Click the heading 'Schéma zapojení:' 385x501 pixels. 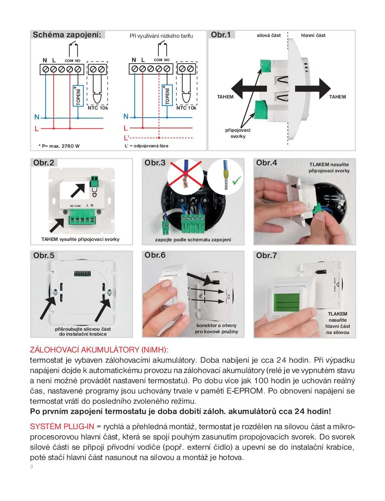pos(66,35)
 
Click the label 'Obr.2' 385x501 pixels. pos(44,163)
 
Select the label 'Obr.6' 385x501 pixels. pos(155,255)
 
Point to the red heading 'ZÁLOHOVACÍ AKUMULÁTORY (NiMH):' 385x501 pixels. pos(99,350)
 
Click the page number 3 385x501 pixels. pos(32,467)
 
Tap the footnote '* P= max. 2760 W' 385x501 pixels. pos(59,146)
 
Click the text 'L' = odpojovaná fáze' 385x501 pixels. pos(147,146)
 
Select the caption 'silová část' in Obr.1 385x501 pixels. pos(269,36)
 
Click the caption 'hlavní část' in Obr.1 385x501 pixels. pos(313,36)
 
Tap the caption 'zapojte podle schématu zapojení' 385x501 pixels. pos(193,240)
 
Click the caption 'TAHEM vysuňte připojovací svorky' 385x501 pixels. pos(80,239)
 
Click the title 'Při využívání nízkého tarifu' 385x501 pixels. pos(161,36)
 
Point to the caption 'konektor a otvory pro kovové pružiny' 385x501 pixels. pos(216,328)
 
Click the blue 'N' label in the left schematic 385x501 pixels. pos(37,117)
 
